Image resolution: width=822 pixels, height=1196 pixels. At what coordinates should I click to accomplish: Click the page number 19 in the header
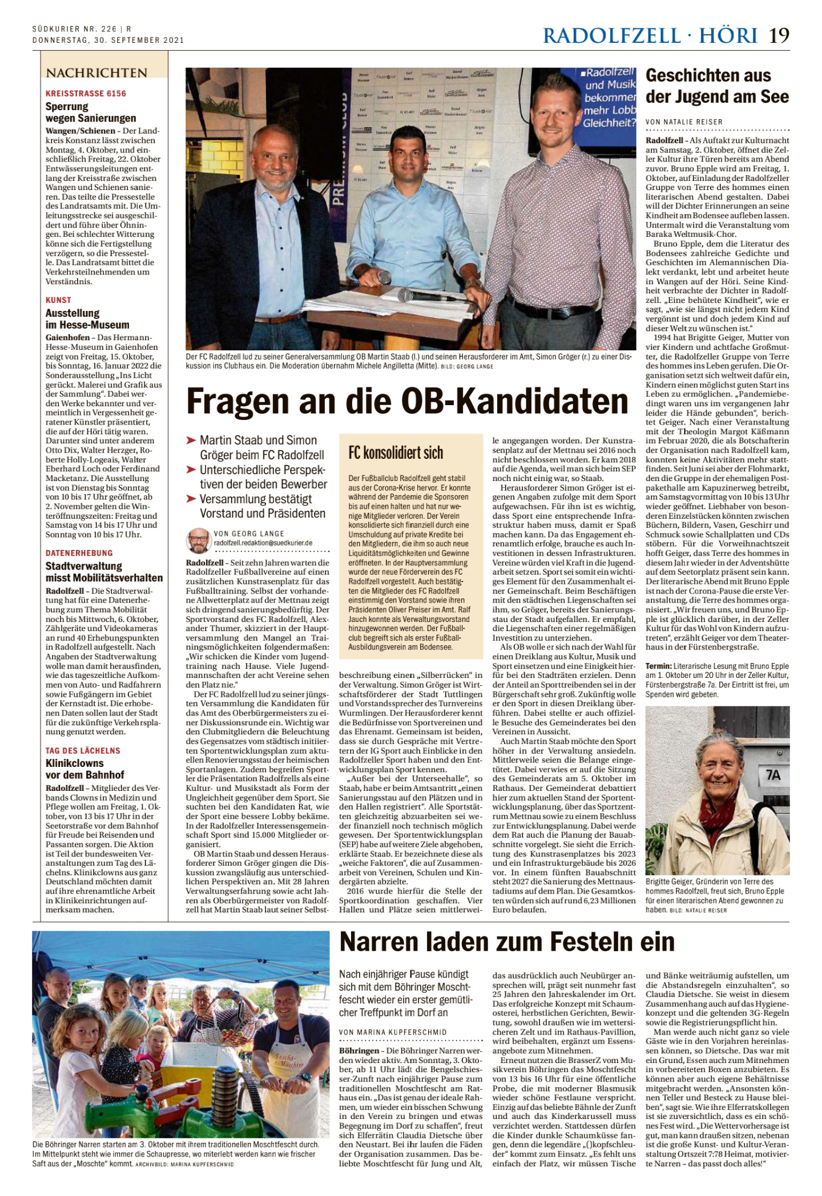click(x=779, y=35)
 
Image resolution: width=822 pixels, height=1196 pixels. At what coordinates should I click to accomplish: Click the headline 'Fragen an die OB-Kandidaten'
click(x=407, y=402)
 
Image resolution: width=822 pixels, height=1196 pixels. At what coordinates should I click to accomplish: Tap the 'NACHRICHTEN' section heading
click(x=96, y=73)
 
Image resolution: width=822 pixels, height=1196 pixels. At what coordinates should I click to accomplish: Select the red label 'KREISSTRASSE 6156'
click(x=86, y=94)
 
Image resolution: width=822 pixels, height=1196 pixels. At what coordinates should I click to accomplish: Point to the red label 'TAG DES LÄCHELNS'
click(x=83, y=750)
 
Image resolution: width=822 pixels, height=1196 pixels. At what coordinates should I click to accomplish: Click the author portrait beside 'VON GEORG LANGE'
click(x=198, y=540)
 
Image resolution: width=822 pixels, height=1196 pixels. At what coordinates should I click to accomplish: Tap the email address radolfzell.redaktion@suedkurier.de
click(x=263, y=543)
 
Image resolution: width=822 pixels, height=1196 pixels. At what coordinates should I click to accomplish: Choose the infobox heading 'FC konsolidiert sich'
click(x=396, y=453)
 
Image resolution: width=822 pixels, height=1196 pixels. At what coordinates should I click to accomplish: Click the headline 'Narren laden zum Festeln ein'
click(x=507, y=942)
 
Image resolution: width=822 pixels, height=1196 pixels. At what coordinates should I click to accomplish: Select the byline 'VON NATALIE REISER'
click(x=684, y=122)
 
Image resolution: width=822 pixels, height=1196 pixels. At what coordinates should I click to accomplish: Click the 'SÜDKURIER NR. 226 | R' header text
click(x=82, y=29)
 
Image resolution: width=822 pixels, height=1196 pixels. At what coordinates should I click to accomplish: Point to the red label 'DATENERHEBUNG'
click(x=79, y=553)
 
